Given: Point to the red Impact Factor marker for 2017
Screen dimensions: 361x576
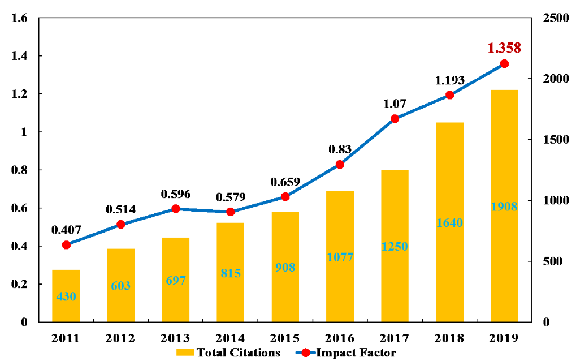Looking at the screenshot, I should tap(395, 119).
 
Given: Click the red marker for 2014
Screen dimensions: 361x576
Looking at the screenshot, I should tap(231, 212).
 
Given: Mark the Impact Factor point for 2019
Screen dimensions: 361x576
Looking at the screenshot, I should tap(504, 64).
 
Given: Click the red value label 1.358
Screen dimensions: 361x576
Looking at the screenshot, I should tap(504, 48).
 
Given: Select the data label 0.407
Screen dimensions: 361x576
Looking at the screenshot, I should tap(66, 230).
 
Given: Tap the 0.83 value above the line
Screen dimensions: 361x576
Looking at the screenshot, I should tap(340, 149).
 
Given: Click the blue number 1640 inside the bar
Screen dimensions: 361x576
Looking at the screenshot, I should tap(450, 223).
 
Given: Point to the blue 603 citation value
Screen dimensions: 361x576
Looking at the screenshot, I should tap(121, 286).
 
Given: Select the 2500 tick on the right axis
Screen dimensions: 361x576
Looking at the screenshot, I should tap(553, 18).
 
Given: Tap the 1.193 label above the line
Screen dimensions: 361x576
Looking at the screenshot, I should tap(450, 80).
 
